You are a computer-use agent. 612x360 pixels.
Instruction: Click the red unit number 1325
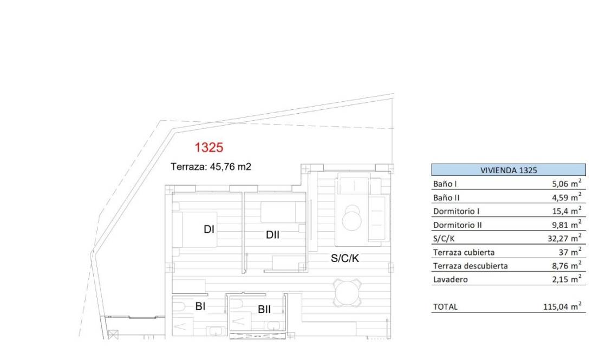[x=209, y=147]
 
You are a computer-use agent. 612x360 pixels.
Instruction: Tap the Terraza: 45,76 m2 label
[x=211, y=167]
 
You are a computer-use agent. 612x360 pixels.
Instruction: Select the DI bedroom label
[x=209, y=230]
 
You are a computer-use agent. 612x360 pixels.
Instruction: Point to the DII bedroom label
[x=272, y=235]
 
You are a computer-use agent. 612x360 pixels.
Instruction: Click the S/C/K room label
[x=345, y=258]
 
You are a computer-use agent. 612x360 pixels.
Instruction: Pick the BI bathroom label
[x=200, y=306]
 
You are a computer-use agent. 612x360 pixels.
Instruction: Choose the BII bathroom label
[x=264, y=310]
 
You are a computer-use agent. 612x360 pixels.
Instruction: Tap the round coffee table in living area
[x=354, y=218]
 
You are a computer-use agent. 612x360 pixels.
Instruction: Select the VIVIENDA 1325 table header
[x=508, y=170]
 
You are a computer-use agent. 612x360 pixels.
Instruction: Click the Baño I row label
[x=446, y=184]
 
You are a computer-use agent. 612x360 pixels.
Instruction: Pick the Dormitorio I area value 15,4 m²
[x=567, y=211]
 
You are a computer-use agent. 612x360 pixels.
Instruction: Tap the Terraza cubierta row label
[x=464, y=252]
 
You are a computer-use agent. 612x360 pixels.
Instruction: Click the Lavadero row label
[x=450, y=279]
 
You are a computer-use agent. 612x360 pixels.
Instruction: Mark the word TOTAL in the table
[x=445, y=306]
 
